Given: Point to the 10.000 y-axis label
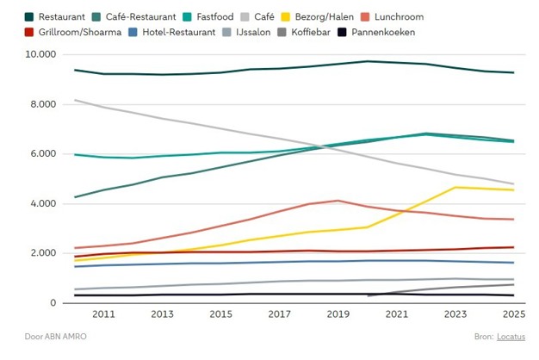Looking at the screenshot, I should click(40, 54).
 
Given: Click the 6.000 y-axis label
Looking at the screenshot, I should click(42, 154).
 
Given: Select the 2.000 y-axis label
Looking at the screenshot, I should click(42, 253).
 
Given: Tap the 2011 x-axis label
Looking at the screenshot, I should click(103, 315).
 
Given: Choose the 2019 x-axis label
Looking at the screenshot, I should click(338, 315).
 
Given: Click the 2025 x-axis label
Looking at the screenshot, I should click(514, 315).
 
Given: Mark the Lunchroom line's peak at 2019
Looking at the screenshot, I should click(338, 201).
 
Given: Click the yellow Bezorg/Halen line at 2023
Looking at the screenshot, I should click(455, 187).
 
